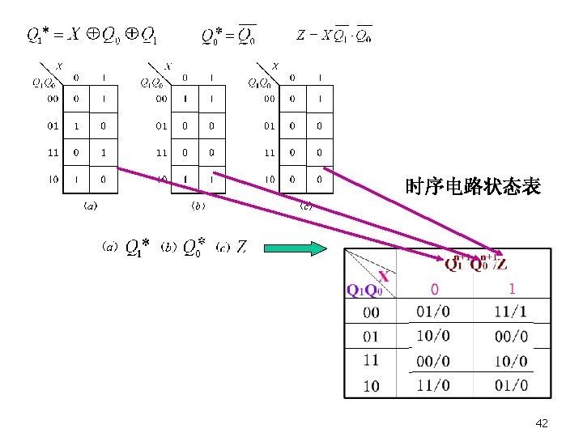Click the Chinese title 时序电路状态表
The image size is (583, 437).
(x=473, y=188)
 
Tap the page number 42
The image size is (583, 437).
(x=542, y=422)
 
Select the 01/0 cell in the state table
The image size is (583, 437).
(x=435, y=312)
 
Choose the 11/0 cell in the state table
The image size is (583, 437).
(x=435, y=385)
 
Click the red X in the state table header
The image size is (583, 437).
(x=384, y=276)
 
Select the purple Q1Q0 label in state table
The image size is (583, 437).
(x=364, y=290)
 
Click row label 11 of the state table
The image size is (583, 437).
(x=371, y=361)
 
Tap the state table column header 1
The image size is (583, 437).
(x=512, y=288)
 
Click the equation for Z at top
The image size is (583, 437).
(x=334, y=36)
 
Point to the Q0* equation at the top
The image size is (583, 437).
(x=228, y=35)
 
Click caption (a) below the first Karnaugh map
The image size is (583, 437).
(x=91, y=206)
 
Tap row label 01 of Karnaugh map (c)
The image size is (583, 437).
(x=269, y=125)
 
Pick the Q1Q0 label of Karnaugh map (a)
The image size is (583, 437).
(x=43, y=82)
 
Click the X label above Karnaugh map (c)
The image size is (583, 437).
(x=276, y=66)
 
